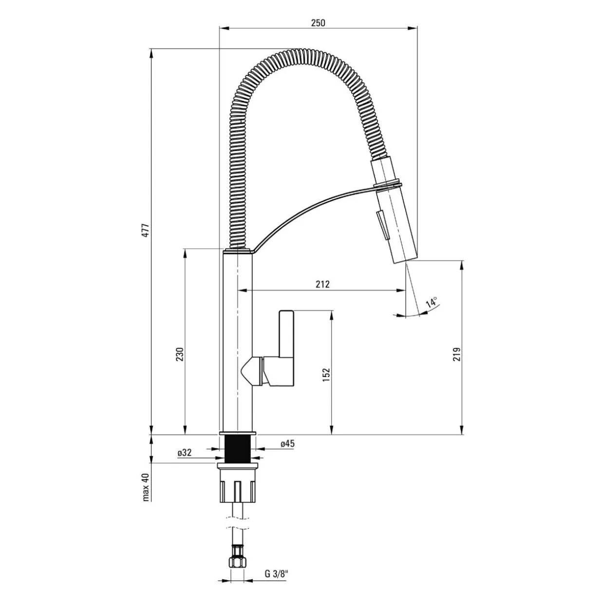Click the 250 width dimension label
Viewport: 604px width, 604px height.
pos(318,23)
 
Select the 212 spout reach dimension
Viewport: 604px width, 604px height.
pos(322,284)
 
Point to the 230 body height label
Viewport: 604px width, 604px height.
pos(180,354)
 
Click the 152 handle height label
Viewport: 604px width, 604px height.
pos(326,375)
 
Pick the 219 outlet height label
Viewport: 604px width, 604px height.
pos(457,354)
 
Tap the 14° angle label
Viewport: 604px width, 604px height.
pos(432,302)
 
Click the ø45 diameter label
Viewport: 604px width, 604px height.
pos(287,444)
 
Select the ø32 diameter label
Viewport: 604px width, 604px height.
pos(184,453)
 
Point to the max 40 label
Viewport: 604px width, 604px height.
pos(146,487)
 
